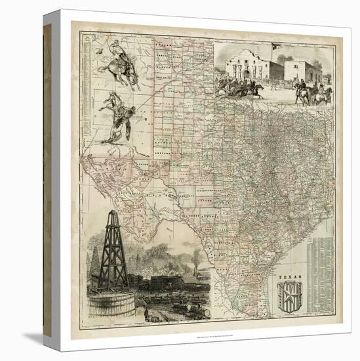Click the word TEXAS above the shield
pos(289,278)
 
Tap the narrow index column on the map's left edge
pos(85,98)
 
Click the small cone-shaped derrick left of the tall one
pos(95,263)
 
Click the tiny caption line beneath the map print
pos(197,337)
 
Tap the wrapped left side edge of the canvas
pos(47,177)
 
